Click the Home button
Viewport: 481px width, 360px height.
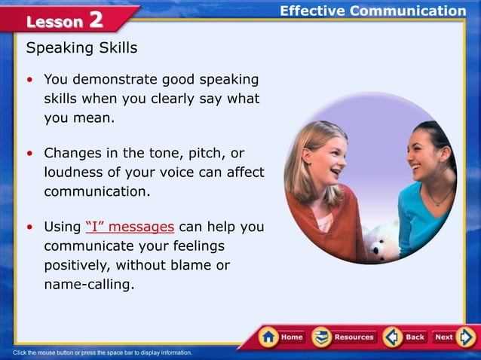pos(282,337)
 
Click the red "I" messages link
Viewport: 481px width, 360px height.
pos(131,227)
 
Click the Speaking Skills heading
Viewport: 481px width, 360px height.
pos(81,48)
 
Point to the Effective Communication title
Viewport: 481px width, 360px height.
pos(372,11)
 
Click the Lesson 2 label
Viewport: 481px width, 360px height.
pos(65,20)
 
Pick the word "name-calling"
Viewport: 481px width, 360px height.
pos(89,285)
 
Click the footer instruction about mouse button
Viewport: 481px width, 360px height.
pos(103,352)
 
